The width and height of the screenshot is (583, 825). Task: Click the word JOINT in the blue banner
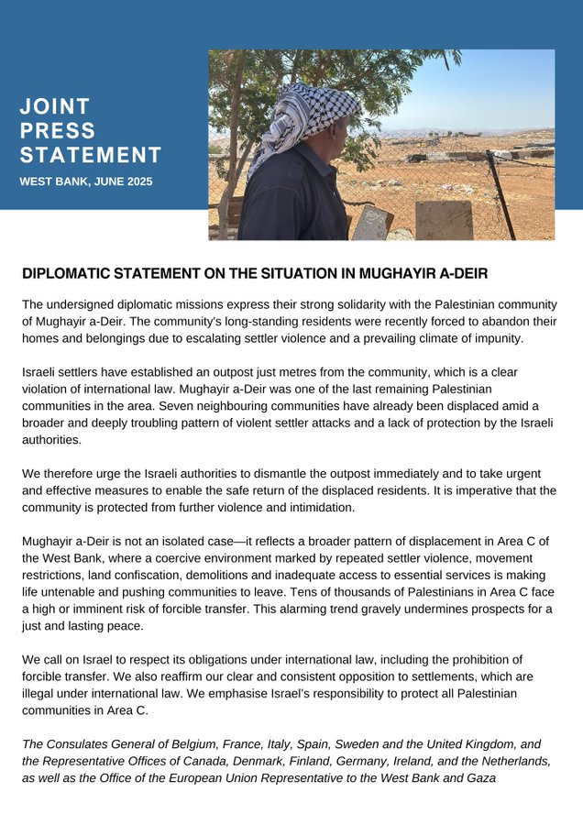[55, 106]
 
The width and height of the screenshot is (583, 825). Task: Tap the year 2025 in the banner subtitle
[136, 181]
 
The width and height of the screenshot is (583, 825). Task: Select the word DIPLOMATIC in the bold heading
[76, 274]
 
